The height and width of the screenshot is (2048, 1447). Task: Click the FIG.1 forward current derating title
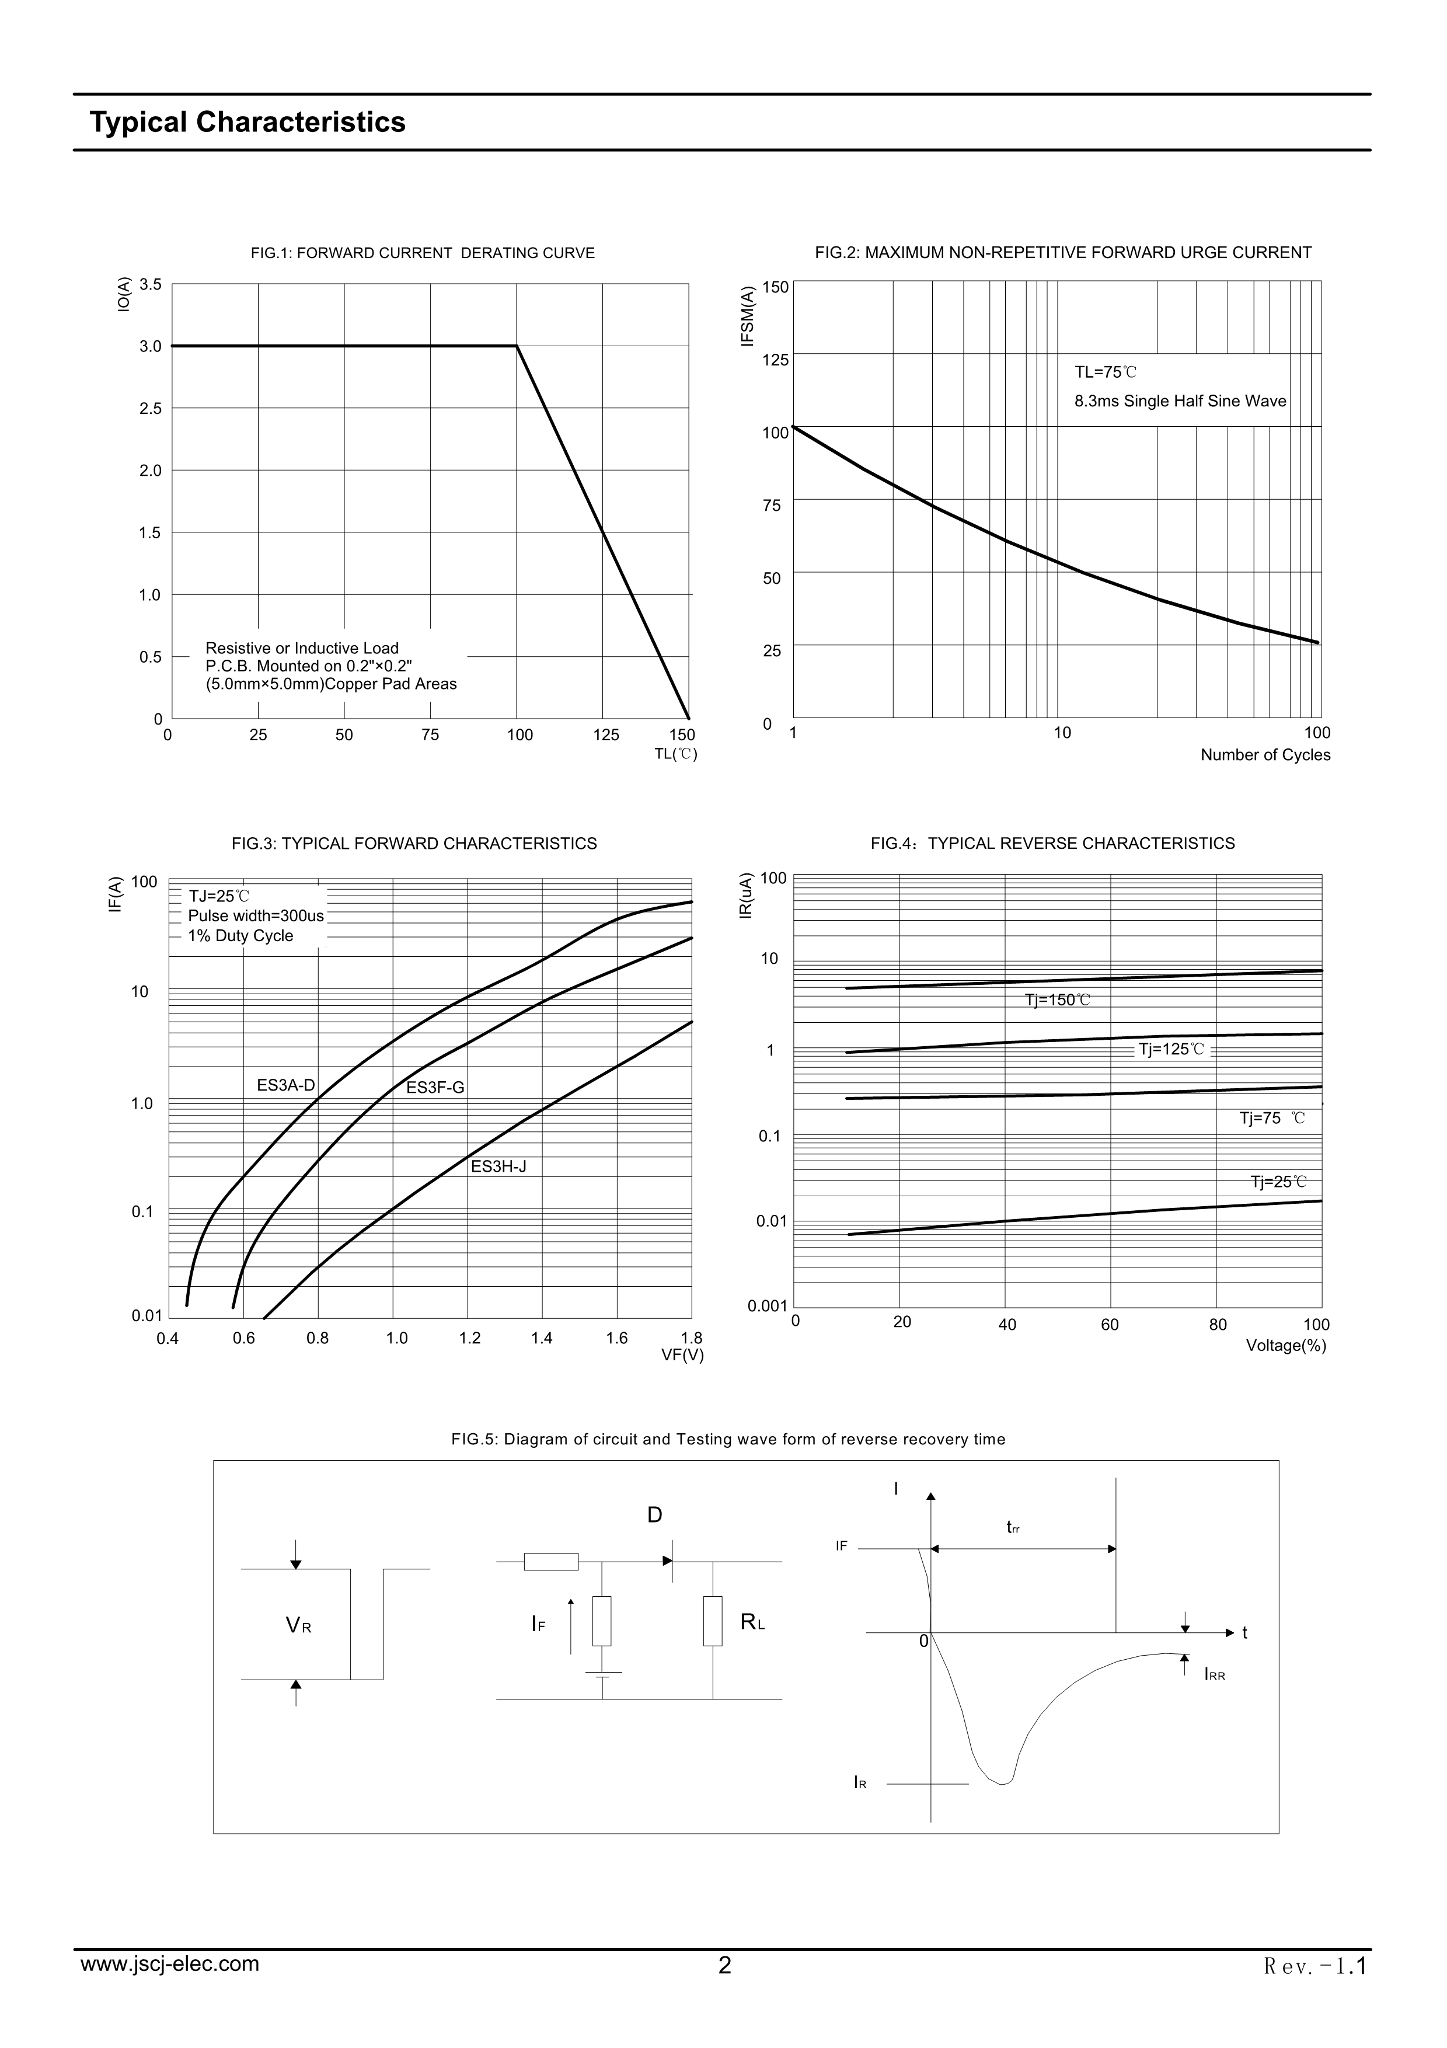click(423, 253)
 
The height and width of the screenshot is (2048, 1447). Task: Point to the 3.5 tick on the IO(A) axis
click(151, 284)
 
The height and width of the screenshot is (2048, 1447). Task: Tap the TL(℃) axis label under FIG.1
click(676, 754)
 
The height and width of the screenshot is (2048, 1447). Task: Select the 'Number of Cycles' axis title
click(1264, 755)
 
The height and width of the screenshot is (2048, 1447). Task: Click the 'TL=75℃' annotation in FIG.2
click(1106, 372)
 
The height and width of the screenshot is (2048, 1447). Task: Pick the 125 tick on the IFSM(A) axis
click(776, 360)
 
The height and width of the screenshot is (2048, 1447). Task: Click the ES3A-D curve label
click(285, 1085)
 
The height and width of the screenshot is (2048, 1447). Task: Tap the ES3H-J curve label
click(498, 1166)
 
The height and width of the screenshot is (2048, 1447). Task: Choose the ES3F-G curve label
click(435, 1088)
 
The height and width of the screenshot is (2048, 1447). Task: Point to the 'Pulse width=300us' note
click(256, 916)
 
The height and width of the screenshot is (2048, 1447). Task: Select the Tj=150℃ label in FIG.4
click(1058, 1000)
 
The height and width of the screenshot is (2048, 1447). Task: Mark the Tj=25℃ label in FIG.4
click(1278, 1182)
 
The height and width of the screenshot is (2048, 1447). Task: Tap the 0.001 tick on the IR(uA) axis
click(767, 1307)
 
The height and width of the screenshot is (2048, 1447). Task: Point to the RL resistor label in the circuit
click(752, 1622)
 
